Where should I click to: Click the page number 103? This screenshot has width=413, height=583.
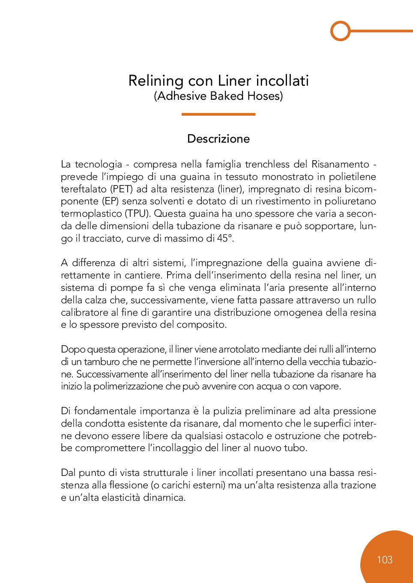[x=385, y=560]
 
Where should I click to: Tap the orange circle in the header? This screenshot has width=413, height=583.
[x=341, y=31]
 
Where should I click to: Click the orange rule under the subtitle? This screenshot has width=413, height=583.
[x=218, y=114]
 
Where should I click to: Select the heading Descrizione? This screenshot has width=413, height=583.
[x=218, y=139]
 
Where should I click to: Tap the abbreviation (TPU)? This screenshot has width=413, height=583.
[x=138, y=214]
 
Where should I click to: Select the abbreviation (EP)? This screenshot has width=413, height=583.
[x=110, y=201]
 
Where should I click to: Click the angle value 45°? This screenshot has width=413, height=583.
[x=225, y=239]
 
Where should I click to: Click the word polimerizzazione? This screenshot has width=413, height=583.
[x=128, y=386]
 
